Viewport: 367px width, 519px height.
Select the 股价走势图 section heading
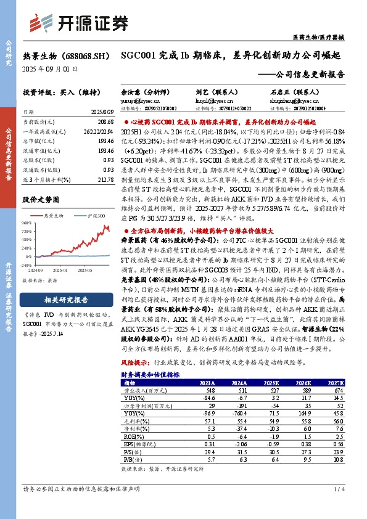(x=39, y=200)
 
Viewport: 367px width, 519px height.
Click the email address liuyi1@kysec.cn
(x=216, y=99)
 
